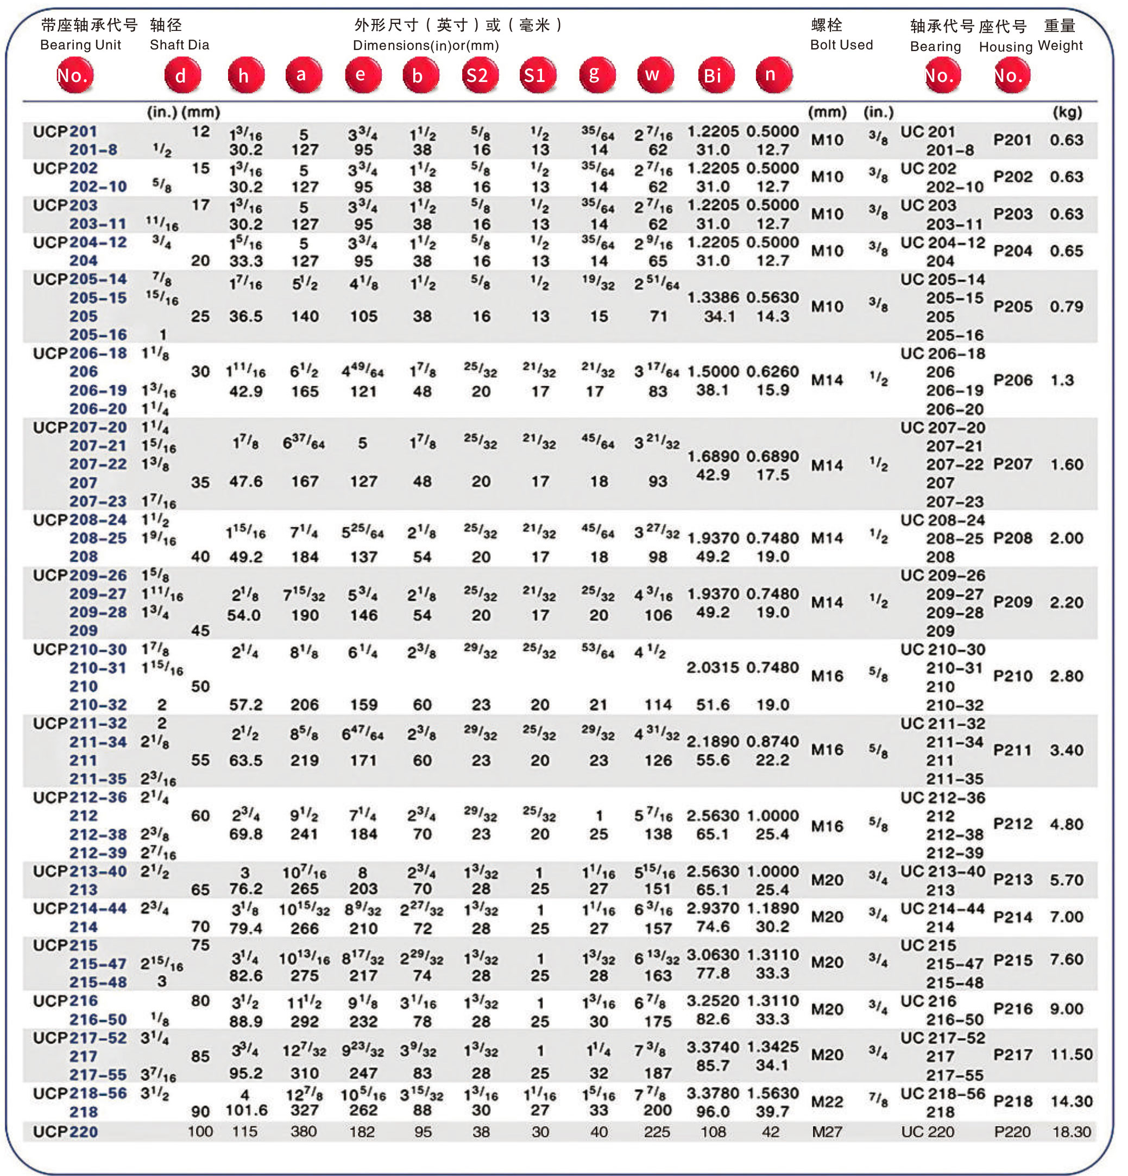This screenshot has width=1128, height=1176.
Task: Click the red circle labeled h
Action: click(245, 75)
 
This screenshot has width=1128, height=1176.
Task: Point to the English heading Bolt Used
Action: click(841, 45)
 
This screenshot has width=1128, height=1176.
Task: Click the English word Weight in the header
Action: click(1060, 46)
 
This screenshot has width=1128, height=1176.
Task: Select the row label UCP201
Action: click(65, 131)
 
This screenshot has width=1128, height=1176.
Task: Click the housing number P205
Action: click(1012, 307)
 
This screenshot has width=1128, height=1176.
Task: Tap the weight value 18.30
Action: click(1071, 1131)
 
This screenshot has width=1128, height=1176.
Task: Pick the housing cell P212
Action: click(1012, 824)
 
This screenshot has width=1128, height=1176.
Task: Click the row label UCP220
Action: click(65, 1131)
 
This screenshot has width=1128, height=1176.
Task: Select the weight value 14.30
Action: click(1071, 1101)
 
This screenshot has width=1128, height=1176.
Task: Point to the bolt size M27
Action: click(827, 1131)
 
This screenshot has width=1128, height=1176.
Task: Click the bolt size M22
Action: click(827, 1102)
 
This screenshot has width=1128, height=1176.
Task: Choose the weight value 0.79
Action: click(1066, 307)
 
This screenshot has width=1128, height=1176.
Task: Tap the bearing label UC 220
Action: click(927, 1131)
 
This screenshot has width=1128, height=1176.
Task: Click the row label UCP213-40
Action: click(80, 871)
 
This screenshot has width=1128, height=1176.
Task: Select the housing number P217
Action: click(1012, 1054)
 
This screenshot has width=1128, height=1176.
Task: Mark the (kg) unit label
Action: click(1067, 112)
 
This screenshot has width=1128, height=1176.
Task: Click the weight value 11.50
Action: click(1071, 1054)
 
